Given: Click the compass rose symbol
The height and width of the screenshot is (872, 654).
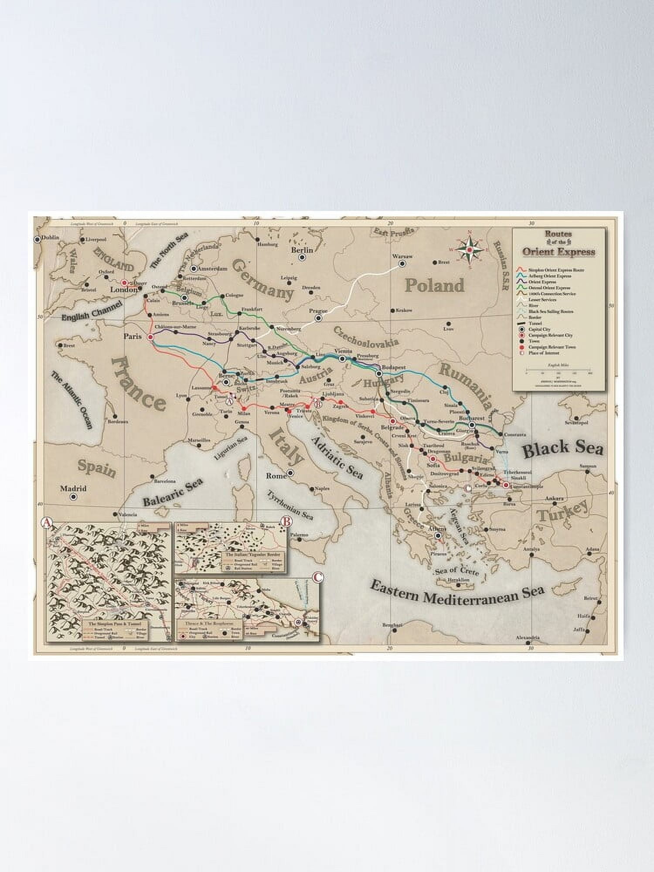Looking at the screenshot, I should [x=470, y=250].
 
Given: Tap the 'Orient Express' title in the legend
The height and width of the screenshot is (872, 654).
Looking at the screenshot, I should [x=559, y=252].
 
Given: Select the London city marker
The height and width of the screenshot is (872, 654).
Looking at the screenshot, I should [x=125, y=283].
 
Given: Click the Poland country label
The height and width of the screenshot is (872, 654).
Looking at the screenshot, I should [x=434, y=286].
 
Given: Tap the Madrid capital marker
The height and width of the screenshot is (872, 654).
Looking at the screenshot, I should [x=73, y=497].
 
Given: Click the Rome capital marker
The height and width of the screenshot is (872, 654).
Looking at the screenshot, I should [x=290, y=473].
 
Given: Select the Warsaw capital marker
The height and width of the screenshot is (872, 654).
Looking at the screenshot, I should [x=402, y=263].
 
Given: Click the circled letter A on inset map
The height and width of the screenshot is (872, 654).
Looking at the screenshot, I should [x=47, y=521].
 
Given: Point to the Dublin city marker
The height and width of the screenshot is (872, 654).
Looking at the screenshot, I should [x=37, y=239].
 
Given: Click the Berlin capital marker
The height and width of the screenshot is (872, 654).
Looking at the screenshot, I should [x=302, y=257].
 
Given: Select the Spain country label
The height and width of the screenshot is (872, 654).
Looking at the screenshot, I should [x=97, y=468].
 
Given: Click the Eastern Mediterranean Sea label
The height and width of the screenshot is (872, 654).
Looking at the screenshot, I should [x=457, y=595].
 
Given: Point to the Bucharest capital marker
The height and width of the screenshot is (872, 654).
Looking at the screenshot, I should [x=472, y=424].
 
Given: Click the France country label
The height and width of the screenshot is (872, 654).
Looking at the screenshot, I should [x=138, y=384].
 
